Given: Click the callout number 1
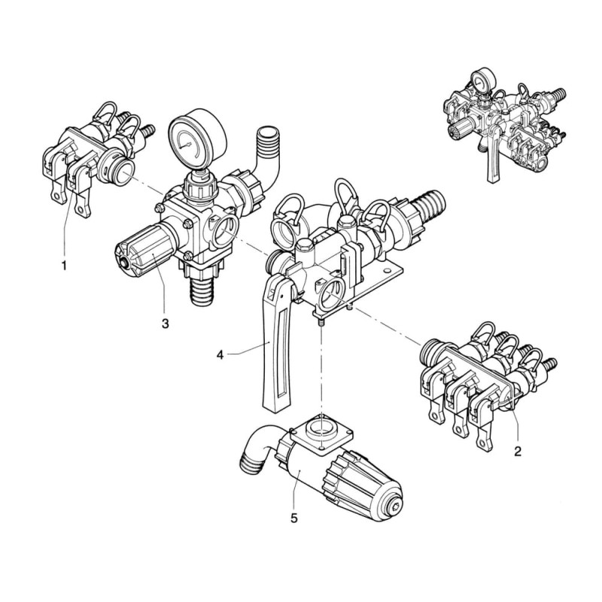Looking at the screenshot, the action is coord(64,266).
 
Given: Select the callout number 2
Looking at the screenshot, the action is coord(518,451).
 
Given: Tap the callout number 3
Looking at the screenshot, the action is coord(165,324).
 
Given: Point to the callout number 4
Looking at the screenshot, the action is coord(220,355).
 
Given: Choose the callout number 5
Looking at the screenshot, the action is coord(293,518).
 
